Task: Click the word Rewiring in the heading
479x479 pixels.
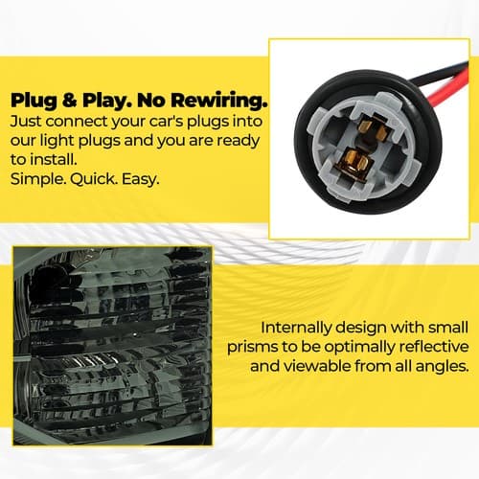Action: [218, 102]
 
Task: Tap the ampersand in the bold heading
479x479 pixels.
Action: [70, 101]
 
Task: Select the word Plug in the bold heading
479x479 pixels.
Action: [34, 102]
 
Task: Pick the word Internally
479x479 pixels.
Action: [296, 328]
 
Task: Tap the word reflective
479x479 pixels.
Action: [433, 347]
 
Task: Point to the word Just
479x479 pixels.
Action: [26, 122]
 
